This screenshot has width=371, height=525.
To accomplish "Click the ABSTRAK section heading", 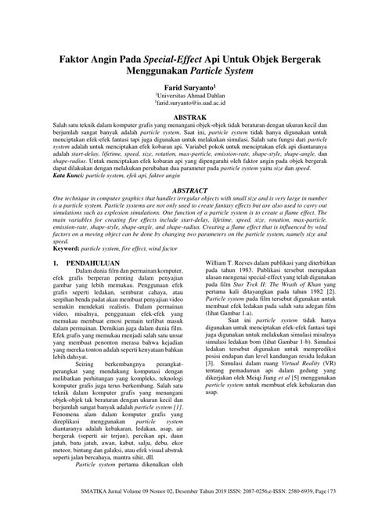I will (185, 114).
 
